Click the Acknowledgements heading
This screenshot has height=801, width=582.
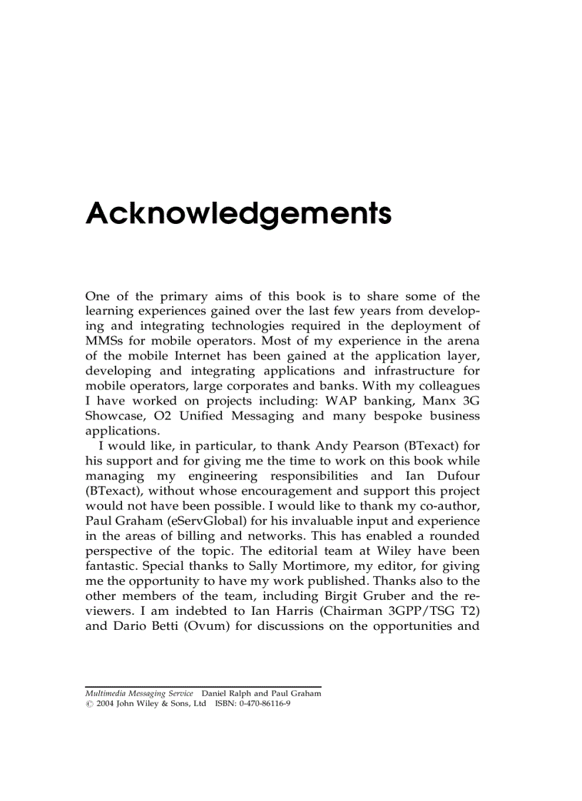coord(238,213)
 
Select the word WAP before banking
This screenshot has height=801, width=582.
coord(339,401)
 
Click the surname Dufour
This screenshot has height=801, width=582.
coord(457,476)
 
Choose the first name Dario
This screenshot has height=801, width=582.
coord(131,626)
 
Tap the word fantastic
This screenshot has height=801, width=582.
coord(111,566)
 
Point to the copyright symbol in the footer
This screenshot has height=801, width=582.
coord(88,703)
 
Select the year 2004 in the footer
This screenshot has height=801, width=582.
coord(104,703)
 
